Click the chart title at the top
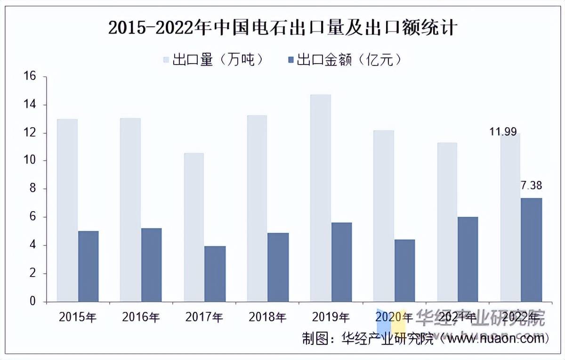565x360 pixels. click(282, 28)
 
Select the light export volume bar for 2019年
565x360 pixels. click(321, 198)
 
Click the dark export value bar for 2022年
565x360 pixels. click(532, 250)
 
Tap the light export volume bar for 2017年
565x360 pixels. click(194, 227)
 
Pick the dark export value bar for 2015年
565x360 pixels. click(89, 266)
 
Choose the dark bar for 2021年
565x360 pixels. click(468, 259)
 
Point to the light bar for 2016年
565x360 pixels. click(130, 210)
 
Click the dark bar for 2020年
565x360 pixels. click(405, 270)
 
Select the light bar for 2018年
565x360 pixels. click(257, 208)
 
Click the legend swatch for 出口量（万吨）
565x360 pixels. click(166, 60)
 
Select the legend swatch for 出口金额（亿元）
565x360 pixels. click(291, 60)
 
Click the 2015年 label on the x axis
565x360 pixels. click(77, 317)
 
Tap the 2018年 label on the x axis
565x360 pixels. click(267, 317)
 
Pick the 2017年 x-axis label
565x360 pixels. click(204, 317)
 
